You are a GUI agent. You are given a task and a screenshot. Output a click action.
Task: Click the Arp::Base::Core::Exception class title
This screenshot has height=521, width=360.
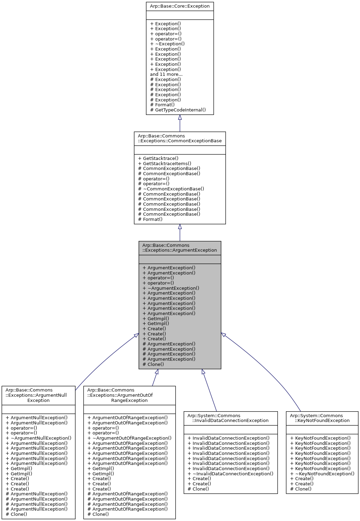click(x=179, y=6)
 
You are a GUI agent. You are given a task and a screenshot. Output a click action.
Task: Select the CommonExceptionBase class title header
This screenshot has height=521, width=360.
click(x=179, y=138)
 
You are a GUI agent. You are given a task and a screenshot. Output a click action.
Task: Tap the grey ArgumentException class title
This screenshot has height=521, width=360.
click(x=179, y=248)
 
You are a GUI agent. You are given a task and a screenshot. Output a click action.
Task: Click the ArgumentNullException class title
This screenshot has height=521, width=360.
click(x=38, y=395)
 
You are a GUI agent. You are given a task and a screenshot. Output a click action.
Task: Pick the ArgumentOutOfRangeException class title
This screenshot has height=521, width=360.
click(x=129, y=395)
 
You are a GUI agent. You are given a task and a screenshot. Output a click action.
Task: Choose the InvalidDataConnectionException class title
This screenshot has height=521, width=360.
click(x=230, y=418)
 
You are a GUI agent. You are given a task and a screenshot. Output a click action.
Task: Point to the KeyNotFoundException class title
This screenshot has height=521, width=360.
click(x=322, y=418)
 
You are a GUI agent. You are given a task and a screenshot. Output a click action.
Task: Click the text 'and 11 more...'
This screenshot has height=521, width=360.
click(x=166, y=74)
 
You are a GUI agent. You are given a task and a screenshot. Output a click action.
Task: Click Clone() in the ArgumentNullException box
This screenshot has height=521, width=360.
click(x=19, y=514)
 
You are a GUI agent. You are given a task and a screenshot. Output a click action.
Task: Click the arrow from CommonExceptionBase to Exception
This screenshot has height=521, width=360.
click(x=180, y=123)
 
